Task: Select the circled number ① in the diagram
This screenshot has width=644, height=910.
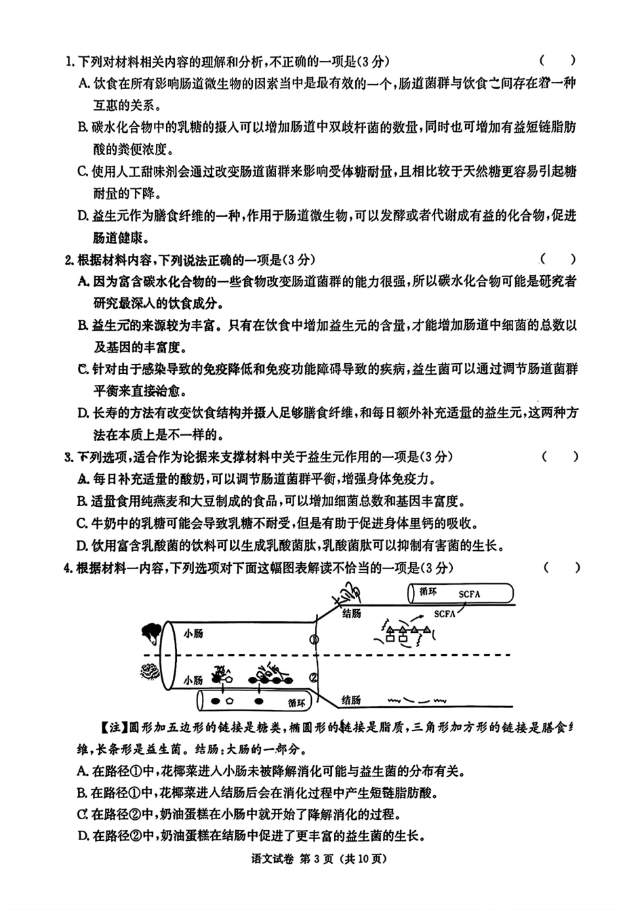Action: [x=314, y=639]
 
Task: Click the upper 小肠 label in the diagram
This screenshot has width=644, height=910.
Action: [x=193, y=634]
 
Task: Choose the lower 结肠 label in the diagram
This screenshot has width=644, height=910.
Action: [x=351, y=700]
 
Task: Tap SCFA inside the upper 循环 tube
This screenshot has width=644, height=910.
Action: [x=469, y=594]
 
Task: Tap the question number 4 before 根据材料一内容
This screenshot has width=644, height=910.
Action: [x=68, y=568]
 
